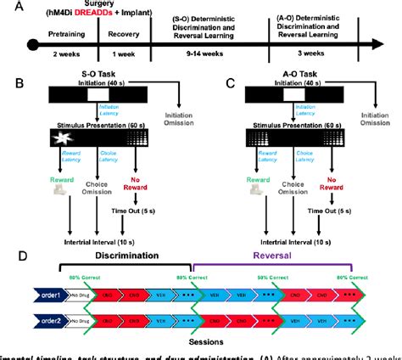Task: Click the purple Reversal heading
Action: [273, 260]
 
